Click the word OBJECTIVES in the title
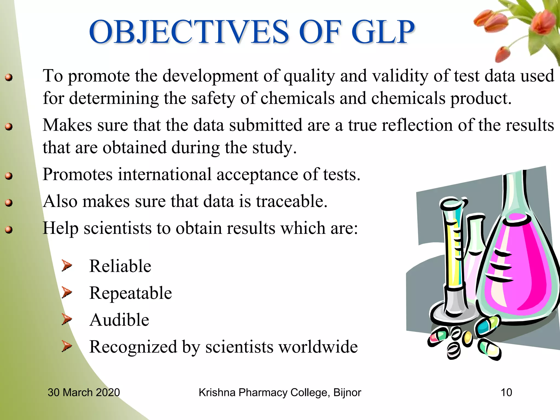click(x=189, y=32)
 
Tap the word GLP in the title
click(x=383, y=32)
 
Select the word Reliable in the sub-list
click(x=120, y=266)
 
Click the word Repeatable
click(x=130, y=293)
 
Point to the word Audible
click(x=119, y=320)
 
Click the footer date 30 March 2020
click(x=84, y=392)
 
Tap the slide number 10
click(x=506, y=392)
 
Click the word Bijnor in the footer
click(x=347, y=392)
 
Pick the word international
click(x=165, y=174)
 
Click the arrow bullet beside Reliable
click(x=67, y=266)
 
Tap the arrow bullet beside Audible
click(x=67, y=319)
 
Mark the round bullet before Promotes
click(x=9, y=176)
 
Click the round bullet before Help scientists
click(x=9, y=230)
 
